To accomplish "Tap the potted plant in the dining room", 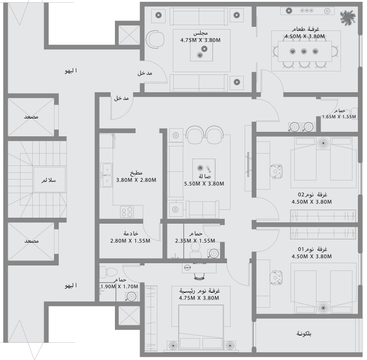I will tap(347, 18).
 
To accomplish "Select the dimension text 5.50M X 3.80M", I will tap(204, 184).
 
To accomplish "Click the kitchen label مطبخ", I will tap(136, 173).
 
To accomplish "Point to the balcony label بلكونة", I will tap(304, 334).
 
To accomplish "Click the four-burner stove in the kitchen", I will tap(126, 211).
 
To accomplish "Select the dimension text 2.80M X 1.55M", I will tap(130, 241).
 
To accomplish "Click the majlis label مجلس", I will tap(201, 33).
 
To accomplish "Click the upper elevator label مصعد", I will tap(31, 117).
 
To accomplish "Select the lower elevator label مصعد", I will tap(31, 240).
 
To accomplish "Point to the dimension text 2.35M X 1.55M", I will tap(195, 241).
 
